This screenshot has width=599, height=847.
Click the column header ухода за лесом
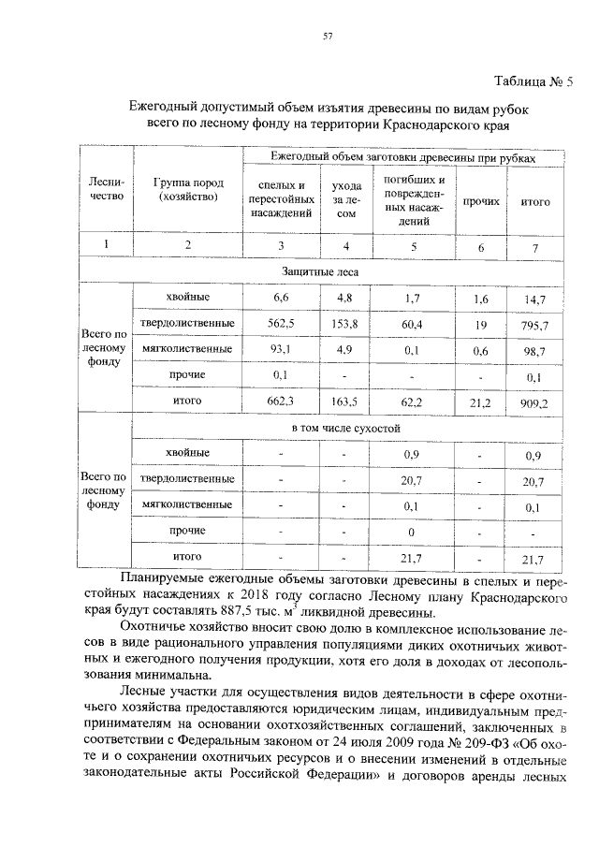pos(346,199)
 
